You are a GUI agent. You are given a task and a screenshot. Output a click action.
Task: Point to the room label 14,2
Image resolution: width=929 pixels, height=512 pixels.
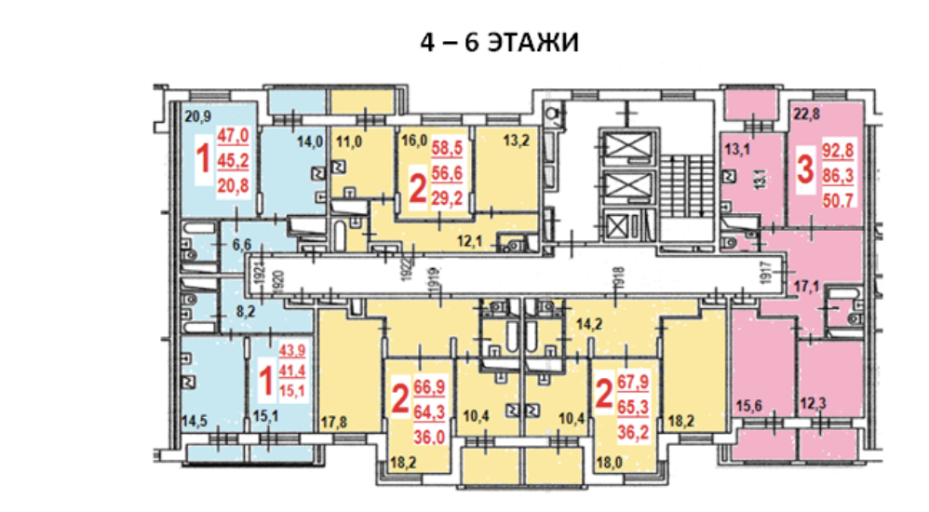click(591, 325)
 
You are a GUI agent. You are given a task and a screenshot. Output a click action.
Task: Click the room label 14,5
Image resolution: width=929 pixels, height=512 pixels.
click(195, 421)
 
